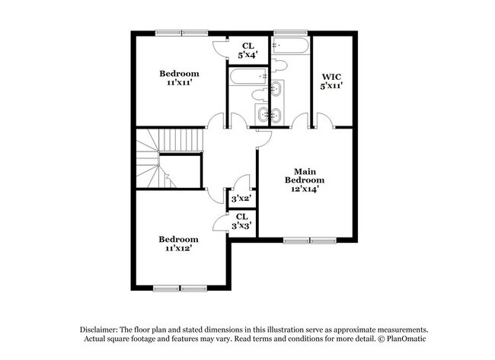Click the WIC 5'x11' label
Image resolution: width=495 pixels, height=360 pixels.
tap(331, 81)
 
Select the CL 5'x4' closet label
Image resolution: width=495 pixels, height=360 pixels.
tap(248, 49)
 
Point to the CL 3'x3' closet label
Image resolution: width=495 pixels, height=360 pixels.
tap(242, 221)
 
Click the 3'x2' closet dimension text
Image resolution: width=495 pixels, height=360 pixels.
tap(241, 199)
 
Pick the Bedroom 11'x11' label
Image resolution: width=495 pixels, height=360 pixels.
tap(179, 78)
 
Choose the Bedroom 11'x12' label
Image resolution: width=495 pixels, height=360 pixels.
tap(179, 243)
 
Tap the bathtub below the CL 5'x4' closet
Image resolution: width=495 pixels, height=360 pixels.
tap(247, 75)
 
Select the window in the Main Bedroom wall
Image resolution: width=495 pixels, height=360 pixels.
tap(308, 241)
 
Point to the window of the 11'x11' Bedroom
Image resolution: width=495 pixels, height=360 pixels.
tap(181, 33)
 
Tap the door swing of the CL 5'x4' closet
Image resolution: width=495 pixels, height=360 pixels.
tap(219, 47)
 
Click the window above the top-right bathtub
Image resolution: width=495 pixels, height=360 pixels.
tap(289, 33)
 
